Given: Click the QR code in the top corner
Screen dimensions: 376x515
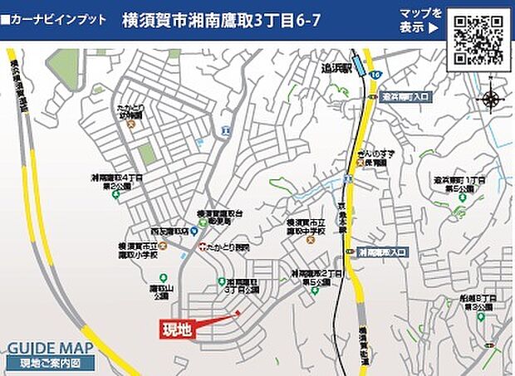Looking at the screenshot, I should [478, 41].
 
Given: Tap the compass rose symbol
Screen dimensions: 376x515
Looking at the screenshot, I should [490, 100].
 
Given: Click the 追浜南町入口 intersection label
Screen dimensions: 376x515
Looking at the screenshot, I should [400, 97].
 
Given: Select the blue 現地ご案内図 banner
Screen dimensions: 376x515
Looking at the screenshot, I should [50, 364].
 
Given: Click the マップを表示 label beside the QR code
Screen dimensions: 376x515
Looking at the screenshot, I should [420, 20].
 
